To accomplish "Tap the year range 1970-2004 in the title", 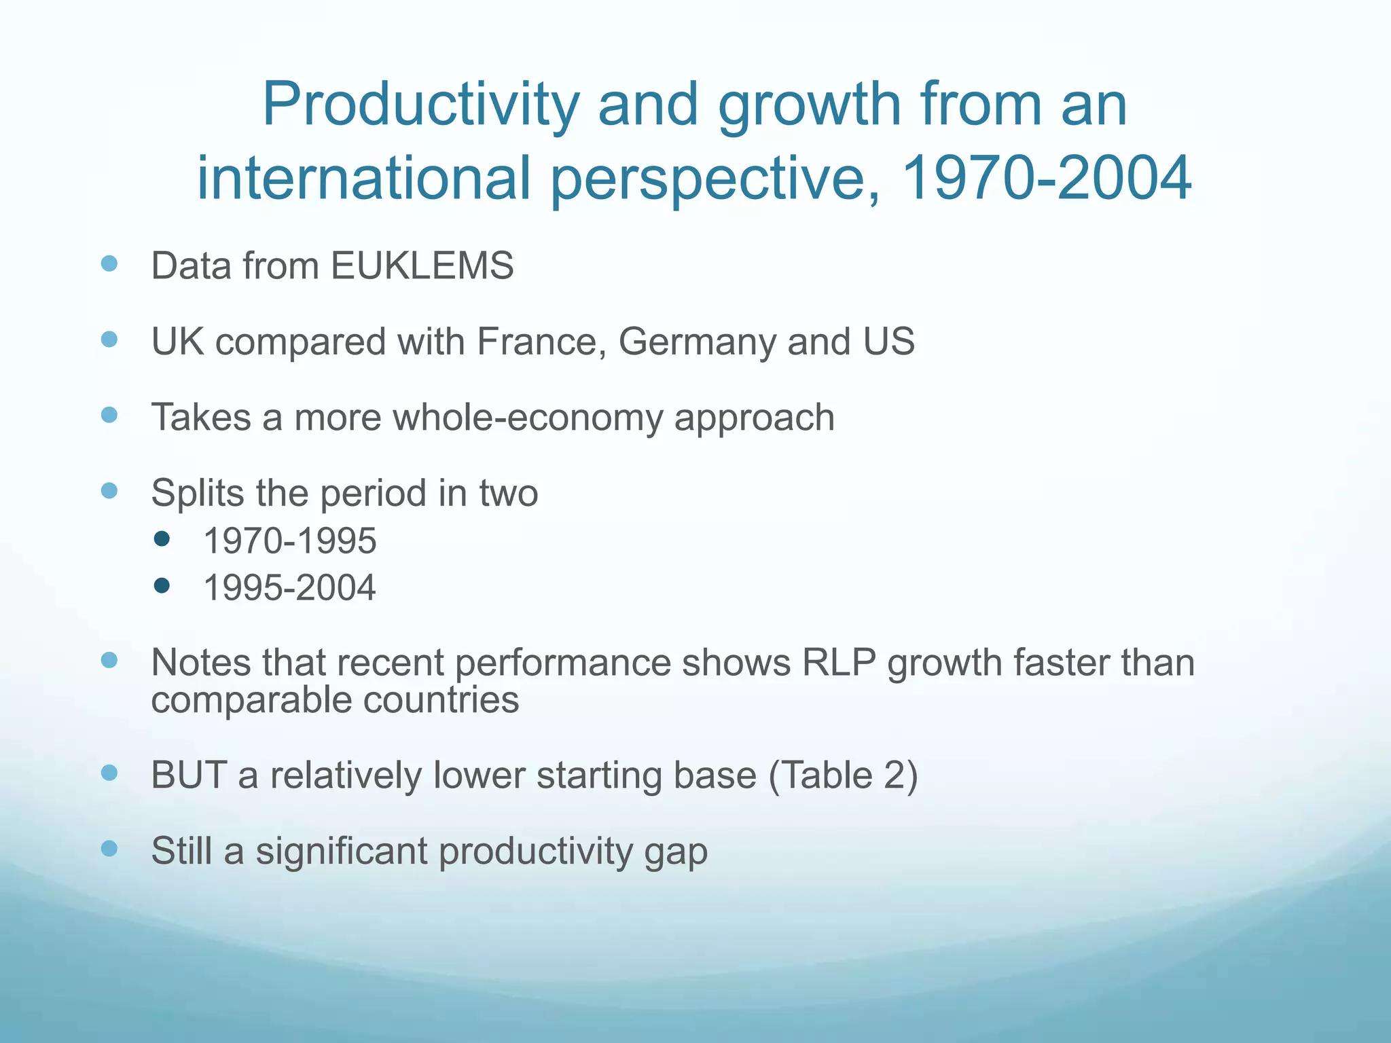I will click(x=1046, y=178).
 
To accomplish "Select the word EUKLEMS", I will click(x=422, y=266).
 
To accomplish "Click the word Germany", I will click(x=696, y=342).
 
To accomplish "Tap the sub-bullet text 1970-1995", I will click(x=290, y=541).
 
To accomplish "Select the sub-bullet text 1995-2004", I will click(x=289, y=587).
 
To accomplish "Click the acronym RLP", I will click(x=839, y=663).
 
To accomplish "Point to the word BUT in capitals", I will click(x=189, y=775).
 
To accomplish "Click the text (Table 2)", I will click(x=843, y=775).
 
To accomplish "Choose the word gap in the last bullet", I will click(x=676, y=853).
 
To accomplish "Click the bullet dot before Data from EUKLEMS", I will click(x=109, y=263).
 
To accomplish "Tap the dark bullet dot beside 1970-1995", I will click(x=162, y=539).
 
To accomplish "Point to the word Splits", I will click(x=197, y=493).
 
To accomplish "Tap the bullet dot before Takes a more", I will click(x=109, y=414).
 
